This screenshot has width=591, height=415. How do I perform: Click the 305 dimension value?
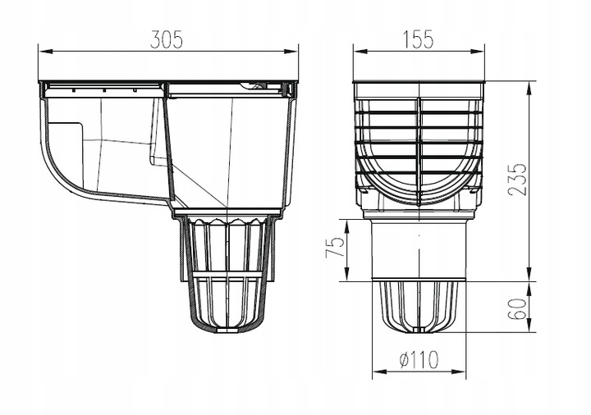(x=166, y=39)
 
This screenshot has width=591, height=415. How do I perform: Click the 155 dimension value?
(x=419, y=39)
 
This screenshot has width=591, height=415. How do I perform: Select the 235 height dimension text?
(x=517, y=180)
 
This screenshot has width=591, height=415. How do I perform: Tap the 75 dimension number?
(x=335, y=247)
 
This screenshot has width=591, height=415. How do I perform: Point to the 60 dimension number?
(x=517, y=309)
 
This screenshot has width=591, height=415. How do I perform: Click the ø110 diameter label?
(x=419, y=360)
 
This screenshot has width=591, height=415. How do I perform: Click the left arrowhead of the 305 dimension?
(x=45, y=52)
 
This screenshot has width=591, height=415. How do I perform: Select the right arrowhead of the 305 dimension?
(x=291, y=52)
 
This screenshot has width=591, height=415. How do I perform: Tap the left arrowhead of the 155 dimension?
(x=360, y=52)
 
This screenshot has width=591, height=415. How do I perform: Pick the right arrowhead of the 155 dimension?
(x=477, y=52)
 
